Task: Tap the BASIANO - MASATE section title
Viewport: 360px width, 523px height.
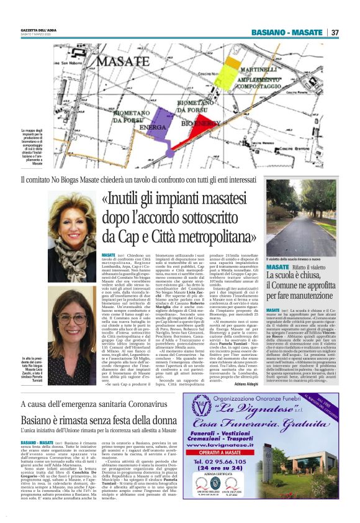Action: [287, 32]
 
